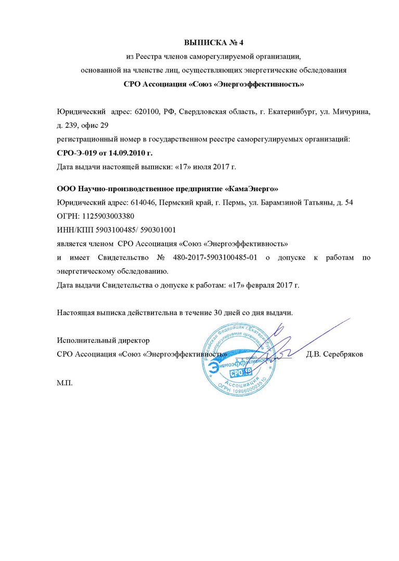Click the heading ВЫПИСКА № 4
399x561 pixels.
[x=213, y=42]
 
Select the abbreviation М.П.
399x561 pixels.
[x=65, y=382]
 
